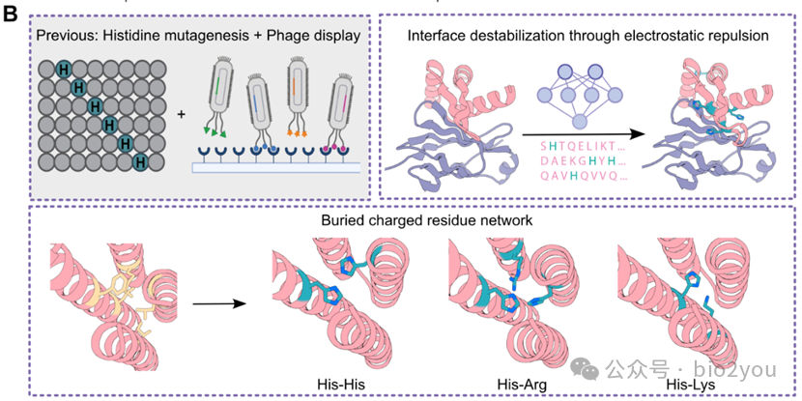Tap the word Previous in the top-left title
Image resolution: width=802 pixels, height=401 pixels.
(x=65, y=36)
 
